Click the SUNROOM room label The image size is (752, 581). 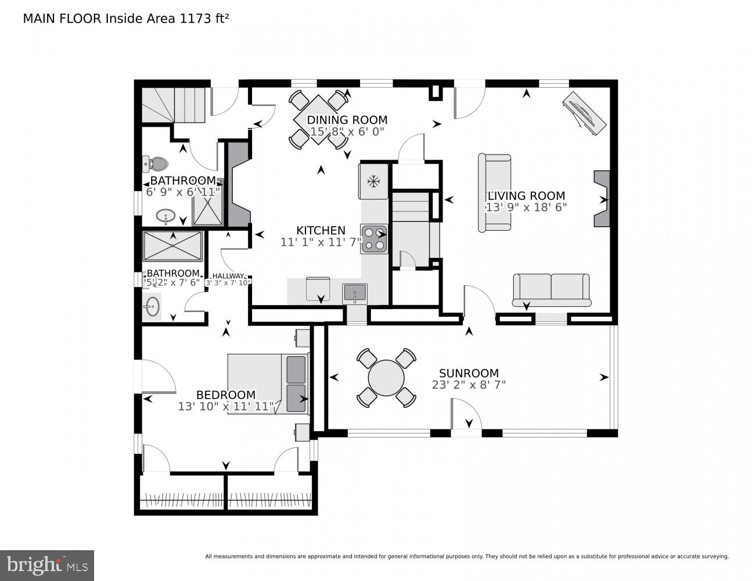click(x=469, y=373)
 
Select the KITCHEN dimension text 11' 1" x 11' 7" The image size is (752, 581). click(x=321, y=242)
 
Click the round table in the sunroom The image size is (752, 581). click(x=386, y=378)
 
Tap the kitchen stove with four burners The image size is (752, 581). click(x=374, y=239)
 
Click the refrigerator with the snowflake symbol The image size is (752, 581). click(x=373, y=181)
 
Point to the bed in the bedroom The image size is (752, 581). click(x=267, y=383)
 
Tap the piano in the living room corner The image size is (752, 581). click(x=584, y=113)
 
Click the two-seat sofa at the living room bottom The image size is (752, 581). click(x=551, y=289)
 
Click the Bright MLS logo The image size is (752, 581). click(x=46, y=565)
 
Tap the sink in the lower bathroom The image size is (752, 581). click(x=153, y=306)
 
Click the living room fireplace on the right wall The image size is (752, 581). click(x=602, y=199)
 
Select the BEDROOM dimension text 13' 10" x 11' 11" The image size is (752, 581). click(x=225, y=406)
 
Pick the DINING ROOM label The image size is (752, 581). click(x=347, y=120)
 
